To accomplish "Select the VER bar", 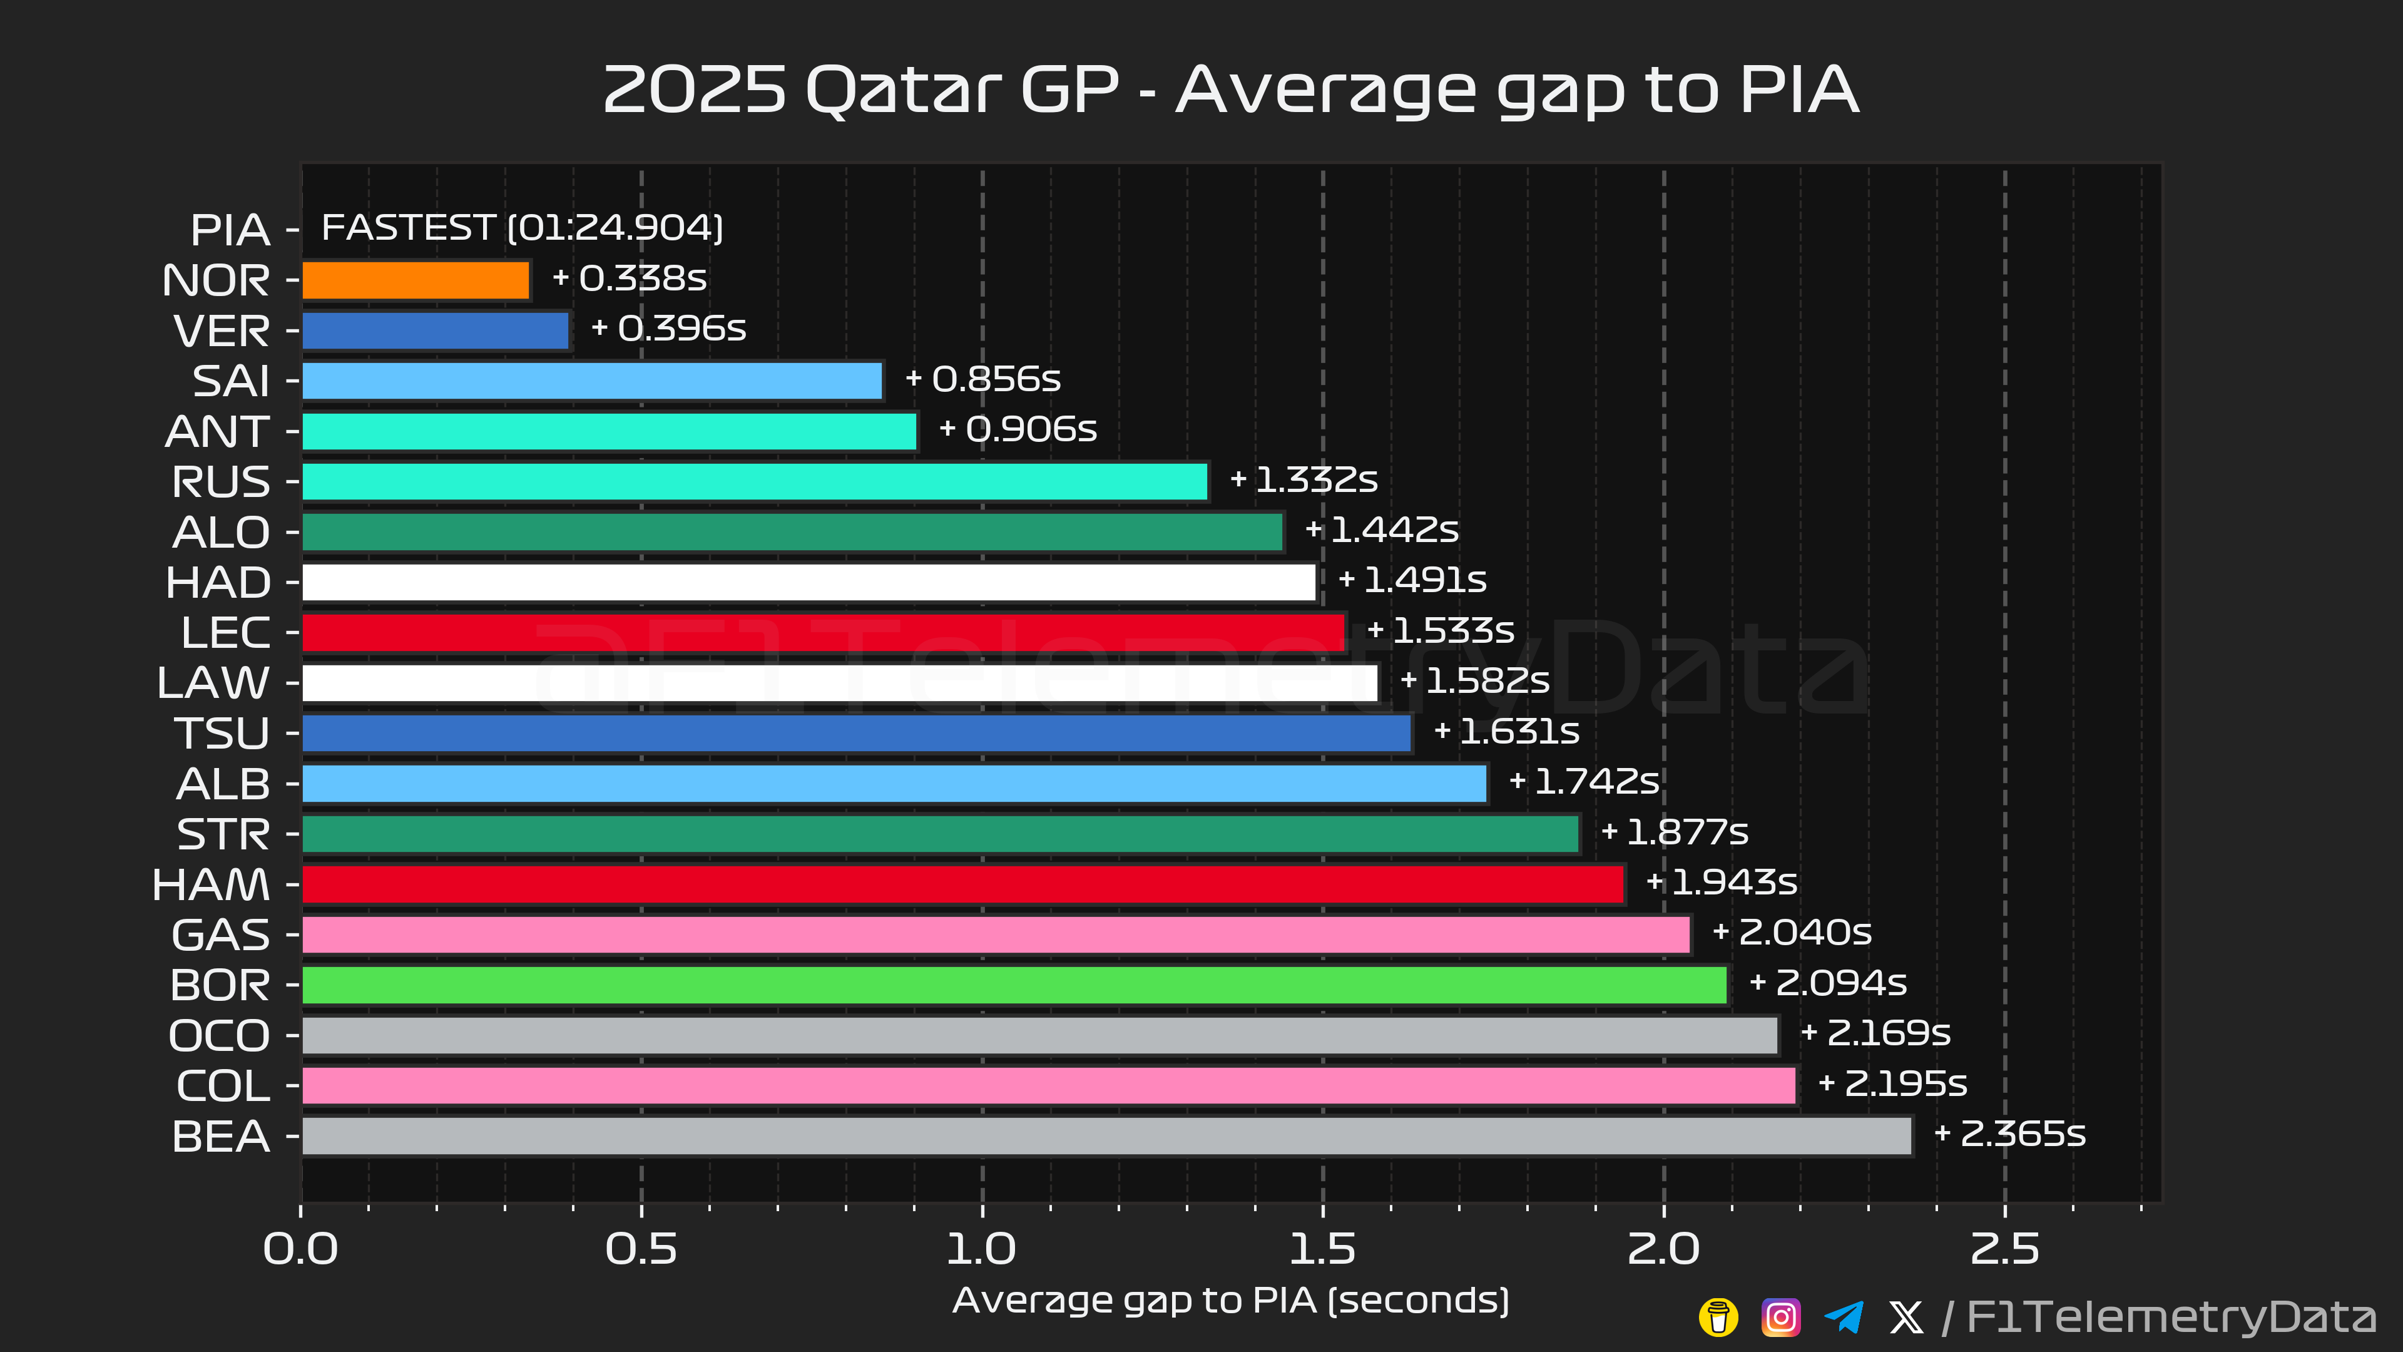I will [x=436, y=331].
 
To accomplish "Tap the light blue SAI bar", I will [x=593, y=381].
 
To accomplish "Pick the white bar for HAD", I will [x=809, y=582].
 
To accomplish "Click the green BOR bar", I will [x=1014, y=985].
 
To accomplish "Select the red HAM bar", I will [x=962, y=884].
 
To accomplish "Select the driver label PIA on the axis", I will [x=230, y=230].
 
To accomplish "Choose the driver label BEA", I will [x=221, y=1137].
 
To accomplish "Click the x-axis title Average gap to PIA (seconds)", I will [x=1230, y=1301].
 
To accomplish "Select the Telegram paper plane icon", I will [x=1844, y=1318].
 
